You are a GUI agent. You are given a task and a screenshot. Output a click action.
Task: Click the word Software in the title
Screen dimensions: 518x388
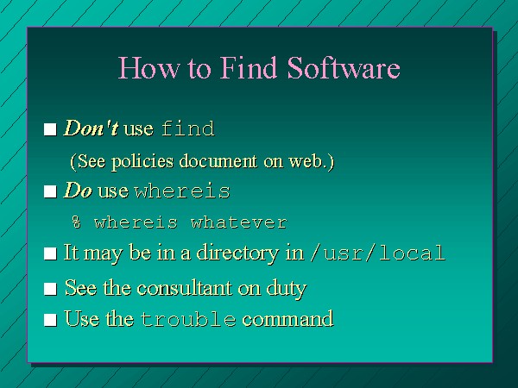point(344,67)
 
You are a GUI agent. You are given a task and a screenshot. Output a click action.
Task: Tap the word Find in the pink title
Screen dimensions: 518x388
point(249,67)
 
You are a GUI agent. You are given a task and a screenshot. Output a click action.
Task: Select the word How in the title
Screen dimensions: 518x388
point(149,67)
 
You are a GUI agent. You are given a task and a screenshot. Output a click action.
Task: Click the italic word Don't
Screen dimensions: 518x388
point(91,128)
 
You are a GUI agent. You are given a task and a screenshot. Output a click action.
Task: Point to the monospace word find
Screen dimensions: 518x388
point(188,128)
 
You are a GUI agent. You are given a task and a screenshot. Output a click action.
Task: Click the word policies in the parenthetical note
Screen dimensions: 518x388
point(142,162)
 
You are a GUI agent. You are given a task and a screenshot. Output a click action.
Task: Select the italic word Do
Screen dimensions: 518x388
point(78,191)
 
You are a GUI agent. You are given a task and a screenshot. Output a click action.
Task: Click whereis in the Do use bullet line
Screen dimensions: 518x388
point(182,191)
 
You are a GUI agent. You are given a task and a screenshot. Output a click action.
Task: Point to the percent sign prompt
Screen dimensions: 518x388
point(76,222)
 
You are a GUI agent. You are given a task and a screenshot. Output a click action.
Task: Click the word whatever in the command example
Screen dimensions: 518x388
point(239,222)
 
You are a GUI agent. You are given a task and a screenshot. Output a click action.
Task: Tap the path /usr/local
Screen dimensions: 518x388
point(377,253)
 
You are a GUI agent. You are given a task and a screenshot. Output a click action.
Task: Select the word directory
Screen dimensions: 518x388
point(238,253)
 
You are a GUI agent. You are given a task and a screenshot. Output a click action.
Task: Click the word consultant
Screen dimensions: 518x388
point(185,288)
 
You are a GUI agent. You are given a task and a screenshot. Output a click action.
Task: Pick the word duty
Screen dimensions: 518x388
point(287,289)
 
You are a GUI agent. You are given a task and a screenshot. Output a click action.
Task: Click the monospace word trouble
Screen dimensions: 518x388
point(188,319)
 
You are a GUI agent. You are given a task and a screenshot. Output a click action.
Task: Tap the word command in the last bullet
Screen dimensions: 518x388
point(287,319)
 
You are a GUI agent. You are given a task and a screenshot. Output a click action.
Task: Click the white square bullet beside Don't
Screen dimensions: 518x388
point(50,129)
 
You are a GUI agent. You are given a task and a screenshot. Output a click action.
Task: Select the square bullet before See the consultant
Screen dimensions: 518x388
point(50,289)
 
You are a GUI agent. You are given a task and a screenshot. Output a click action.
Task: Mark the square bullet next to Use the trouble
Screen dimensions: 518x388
point(50,320)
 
